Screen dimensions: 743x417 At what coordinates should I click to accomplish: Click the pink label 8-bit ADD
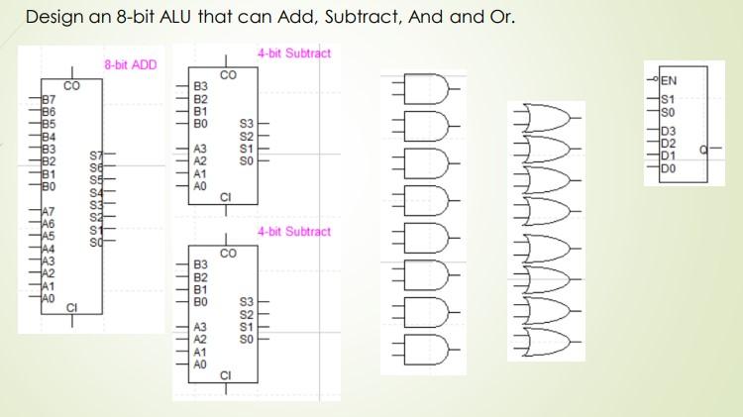click(131, 64)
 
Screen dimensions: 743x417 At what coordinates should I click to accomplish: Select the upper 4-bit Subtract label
click(294, 52)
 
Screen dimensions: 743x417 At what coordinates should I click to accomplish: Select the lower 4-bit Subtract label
click(294, 232)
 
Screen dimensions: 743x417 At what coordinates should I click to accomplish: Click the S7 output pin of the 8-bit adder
click(96, 156)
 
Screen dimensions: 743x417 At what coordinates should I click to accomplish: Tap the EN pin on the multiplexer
click(669, 81)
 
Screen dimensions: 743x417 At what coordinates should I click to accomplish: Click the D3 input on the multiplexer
click(667, 130)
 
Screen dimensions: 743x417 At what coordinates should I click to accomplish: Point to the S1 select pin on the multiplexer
click(667, 99)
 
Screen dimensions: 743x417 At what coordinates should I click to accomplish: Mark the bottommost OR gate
click(551, 341)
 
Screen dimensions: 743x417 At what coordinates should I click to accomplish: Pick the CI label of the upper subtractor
click(226, 196)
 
